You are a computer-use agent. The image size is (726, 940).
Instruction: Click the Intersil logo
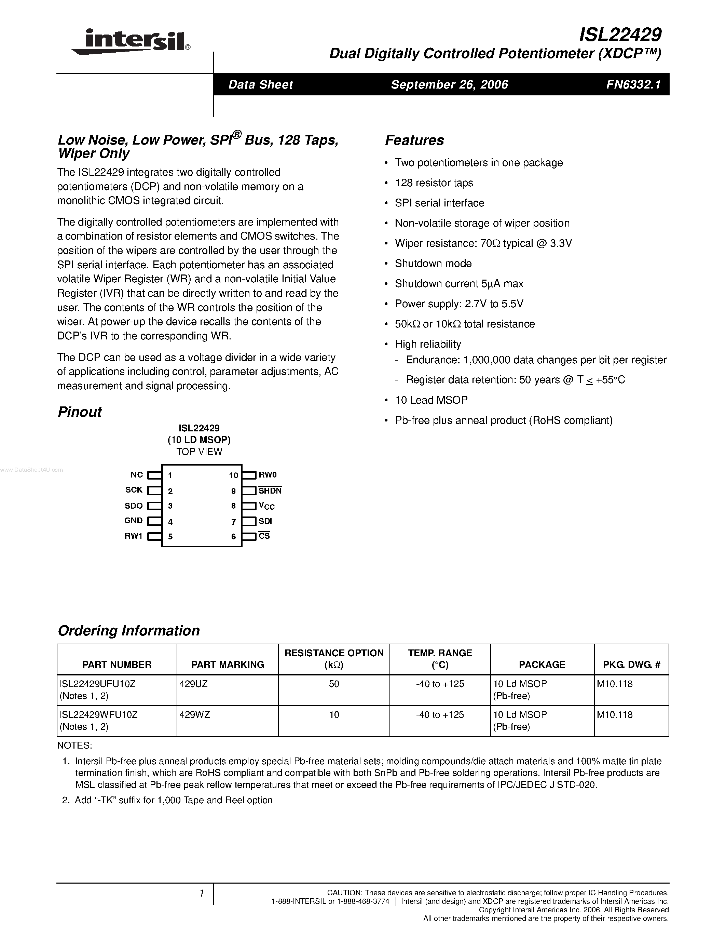[x=131, y=42]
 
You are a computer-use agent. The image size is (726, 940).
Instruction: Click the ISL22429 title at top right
[x=620, y=35]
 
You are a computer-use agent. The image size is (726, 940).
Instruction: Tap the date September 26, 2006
[x=450, y=84]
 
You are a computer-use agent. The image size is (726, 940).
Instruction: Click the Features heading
[x=414, y=140]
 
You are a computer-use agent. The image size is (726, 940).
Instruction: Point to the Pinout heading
[x=80, y=412]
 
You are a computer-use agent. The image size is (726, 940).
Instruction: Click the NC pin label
[x=136, y=475]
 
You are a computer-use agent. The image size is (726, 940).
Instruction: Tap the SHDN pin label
[x=270, y=491]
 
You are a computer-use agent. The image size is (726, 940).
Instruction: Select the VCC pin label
[x=267, y=506]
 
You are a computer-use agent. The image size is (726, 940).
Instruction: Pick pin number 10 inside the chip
[x=233, y=475]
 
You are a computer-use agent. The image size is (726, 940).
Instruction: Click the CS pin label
[x=264, y=536]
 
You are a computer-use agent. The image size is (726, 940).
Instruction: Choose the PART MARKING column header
[x=228, y=664]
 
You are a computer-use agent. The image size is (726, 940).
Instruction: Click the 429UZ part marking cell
[x=193, y=684]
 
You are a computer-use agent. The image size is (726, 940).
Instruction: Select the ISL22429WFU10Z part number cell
[x=98, y=715]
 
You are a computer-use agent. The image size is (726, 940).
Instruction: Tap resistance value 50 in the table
[x=334, y=684]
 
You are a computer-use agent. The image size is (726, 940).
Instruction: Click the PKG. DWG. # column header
[x=631, y=664]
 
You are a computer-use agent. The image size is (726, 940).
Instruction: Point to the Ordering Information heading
[x=128, y=631]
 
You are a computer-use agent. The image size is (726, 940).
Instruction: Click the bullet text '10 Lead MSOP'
[x=431, y=400]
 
